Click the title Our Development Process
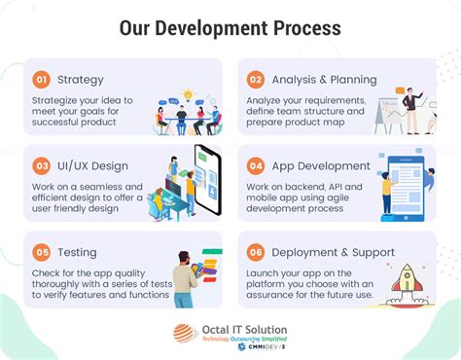[x=230, y=26]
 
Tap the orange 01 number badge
[x=41, y=80]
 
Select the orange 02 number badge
[x=256, y=80]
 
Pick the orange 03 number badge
[x=41, y=166]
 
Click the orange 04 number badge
[x=256, y=166]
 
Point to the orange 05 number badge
[x=41, y=252]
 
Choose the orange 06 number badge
[x=256, y=252]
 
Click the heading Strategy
[x=81, y=80]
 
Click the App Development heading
[x=322, y=166]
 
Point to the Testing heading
[x=78, y=252]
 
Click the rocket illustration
[x=407, y=278]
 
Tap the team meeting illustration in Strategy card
[x=187, y=115]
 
